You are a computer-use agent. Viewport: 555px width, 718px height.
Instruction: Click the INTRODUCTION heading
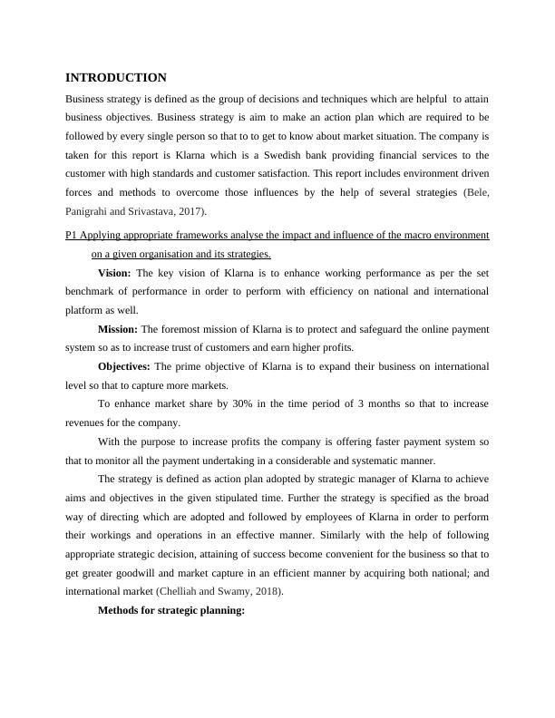pos(116,78)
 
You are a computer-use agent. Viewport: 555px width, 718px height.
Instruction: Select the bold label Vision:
pos(114,272)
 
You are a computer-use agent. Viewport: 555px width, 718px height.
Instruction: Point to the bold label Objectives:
pos(124,366)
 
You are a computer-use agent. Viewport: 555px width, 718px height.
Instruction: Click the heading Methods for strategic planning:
pos(171,610)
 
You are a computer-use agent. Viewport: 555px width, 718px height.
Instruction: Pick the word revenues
pos(88,422)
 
